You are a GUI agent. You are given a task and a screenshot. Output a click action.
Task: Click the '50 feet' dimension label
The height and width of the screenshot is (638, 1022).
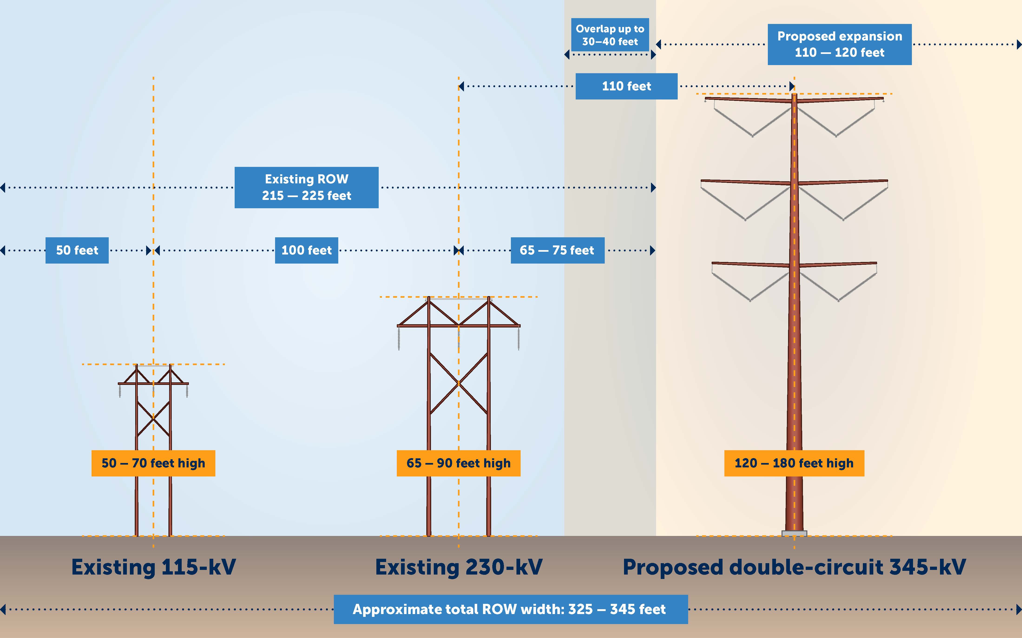click(77, 250)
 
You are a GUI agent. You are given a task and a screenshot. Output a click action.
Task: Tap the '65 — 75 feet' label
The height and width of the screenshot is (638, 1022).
click(557, 250)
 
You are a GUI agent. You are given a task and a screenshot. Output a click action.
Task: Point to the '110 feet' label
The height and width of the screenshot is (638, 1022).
click(626, 86)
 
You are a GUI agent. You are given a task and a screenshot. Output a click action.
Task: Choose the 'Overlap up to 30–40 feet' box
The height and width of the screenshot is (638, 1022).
click(610, 35)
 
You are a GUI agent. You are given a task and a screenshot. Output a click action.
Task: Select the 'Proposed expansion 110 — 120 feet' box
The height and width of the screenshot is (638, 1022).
click(839, 44)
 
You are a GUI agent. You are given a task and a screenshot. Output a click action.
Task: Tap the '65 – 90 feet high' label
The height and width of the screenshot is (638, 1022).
click(458, 463)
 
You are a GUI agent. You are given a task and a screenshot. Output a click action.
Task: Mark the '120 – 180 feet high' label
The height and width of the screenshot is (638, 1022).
click(794, 463)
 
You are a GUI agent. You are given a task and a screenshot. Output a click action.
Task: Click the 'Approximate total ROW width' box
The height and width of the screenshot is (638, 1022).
click(510, 609)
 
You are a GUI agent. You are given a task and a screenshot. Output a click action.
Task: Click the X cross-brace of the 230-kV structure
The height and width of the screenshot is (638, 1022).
click(458, 383)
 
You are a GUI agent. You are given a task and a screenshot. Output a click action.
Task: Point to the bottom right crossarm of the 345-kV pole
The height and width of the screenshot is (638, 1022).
click(837, 264)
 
